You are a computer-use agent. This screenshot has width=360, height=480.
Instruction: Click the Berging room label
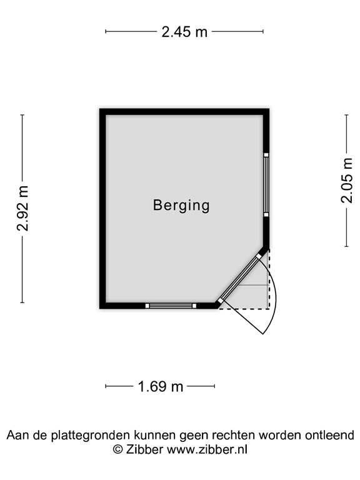pyautogui.click(x=181, y=206)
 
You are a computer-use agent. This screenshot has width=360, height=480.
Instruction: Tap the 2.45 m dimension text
pyautogui.click(x=184, y=31)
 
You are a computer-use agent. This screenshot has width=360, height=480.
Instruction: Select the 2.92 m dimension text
pyautogui.click(x=22, y=208)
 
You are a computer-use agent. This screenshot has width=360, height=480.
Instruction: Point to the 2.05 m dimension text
pyautogui.click(x=346, y=180)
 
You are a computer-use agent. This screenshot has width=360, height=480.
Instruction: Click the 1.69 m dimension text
pyautogui.click(x=161, y=386)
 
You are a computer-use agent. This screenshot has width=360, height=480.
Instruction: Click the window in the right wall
pyautogui.click(x=266, y=185)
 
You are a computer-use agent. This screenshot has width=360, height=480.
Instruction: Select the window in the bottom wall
pyautogui.click(x=171, y=306)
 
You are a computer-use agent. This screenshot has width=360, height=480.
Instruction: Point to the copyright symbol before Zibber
pyautogui.click(x=118, y=449)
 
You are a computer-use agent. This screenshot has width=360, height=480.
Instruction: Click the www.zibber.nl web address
pyautogui.click(x=207, y=449)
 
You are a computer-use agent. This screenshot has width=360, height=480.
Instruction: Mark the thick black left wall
pyautogui.click(x=103, y=209)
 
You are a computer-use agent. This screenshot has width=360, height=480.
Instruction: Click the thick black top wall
pyautogui.click(x=184, y=112)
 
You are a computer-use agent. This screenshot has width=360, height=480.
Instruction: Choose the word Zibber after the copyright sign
pyautogui.click(x=144, y=449)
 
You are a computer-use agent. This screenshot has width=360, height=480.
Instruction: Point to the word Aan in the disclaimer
pyautogui.click(x=18, y=435)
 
